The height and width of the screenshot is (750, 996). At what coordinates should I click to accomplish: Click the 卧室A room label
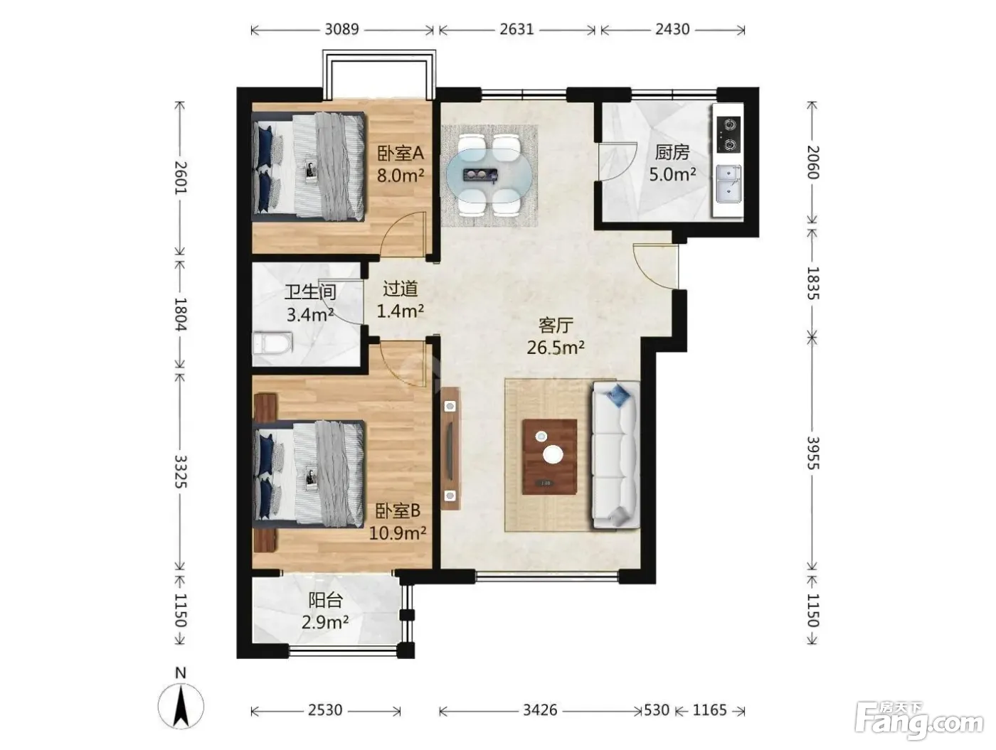coord(401,154)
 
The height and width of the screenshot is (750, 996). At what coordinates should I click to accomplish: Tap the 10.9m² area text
coord(397,532)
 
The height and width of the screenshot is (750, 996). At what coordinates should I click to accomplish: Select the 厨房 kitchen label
coord(672,152)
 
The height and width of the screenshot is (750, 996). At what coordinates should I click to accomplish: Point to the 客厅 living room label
coord(556,325)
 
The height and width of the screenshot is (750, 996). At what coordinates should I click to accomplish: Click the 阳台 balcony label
coord(325,601)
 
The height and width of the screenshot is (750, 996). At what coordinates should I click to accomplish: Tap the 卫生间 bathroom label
coord(310,291)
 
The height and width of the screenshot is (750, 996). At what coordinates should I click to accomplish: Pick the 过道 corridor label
coord(400,289)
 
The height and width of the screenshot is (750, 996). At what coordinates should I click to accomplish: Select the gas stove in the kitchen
coord(729,134)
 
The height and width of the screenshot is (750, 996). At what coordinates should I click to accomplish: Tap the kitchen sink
coord(729,183)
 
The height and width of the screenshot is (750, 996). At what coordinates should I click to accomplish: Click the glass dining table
coord(489,174)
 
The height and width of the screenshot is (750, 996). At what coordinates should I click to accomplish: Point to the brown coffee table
coord(549,456)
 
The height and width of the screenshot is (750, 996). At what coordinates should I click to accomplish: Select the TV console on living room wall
coord(450,448)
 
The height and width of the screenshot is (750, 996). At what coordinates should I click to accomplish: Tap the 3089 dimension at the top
coord(341,29)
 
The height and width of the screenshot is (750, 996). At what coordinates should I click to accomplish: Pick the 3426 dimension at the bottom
coord(539,709)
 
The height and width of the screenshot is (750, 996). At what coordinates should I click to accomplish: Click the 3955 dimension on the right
coord(812,453)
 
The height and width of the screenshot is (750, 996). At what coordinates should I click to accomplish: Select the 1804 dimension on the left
coord(181,314)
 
